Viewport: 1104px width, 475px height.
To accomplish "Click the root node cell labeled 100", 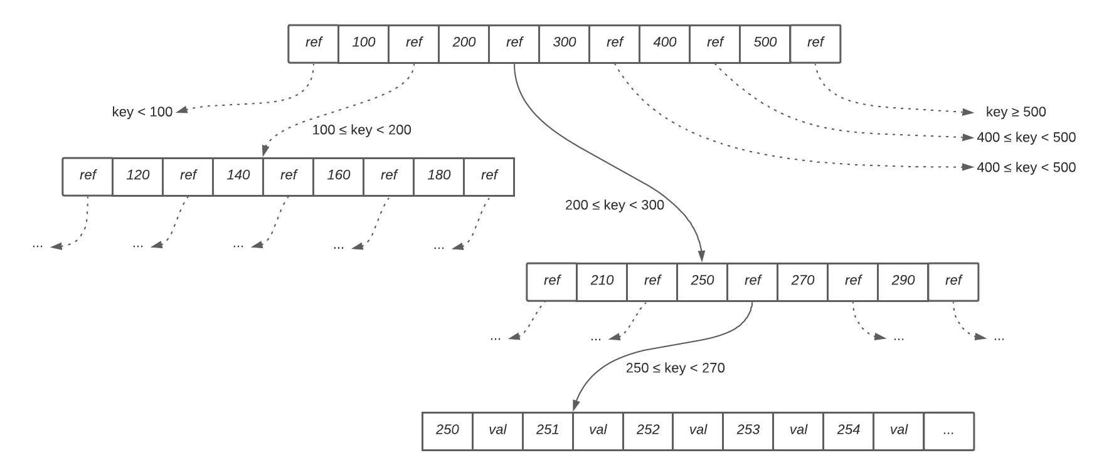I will point(363,43).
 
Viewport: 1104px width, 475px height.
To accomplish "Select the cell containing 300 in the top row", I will point(564,43).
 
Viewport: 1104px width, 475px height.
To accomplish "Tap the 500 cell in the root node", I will point(765,43).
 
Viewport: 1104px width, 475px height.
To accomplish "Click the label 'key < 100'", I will point(142,112).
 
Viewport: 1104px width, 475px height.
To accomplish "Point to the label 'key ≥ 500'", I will point(1016,112).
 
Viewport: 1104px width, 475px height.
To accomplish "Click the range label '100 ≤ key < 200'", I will point(361,130).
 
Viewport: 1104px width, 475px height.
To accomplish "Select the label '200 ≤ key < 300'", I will point(614,206).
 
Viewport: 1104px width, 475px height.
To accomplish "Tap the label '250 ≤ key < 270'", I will point(675,368).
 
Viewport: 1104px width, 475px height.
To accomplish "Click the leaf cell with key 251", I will point(548,431).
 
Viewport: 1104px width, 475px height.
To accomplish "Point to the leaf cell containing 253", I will point(748,431).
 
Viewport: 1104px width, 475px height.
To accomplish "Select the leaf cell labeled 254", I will point(848,431).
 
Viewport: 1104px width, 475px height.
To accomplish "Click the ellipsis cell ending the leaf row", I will point(948,431).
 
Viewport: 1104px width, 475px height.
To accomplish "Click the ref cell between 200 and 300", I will point(514,43).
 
